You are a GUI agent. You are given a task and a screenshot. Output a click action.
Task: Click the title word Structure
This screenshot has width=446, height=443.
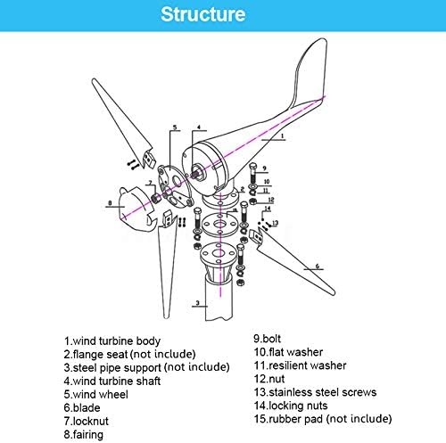click(222, 15)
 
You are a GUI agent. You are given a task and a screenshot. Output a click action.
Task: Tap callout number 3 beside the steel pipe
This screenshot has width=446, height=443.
click(195, 304)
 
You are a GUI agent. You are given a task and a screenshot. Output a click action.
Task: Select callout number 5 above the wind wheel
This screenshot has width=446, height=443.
click(175, 127)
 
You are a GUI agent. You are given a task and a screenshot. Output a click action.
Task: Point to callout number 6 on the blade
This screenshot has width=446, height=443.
click(318, 266)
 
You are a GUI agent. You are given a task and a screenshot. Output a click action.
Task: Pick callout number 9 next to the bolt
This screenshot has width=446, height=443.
click(264, 168)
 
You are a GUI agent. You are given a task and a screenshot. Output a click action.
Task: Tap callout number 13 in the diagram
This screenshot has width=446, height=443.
click(276, 223)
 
